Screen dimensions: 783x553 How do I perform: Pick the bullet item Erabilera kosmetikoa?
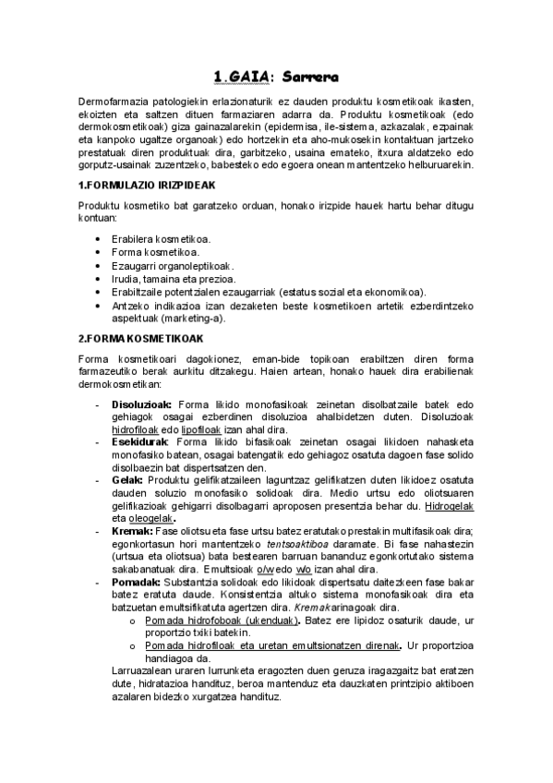click(x=161, y=238)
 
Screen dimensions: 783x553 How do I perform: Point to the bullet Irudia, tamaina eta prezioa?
click(x=174, y=278)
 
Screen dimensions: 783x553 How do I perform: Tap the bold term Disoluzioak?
click(x=141, y=404)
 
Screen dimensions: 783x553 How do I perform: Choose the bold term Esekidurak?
click(x=140, y=443)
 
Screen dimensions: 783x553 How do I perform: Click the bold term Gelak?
click(x=127, y=481)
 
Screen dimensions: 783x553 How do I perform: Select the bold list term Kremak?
click(x=132, y=532)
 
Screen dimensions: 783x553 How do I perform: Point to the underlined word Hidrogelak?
click(x=449, y=507)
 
